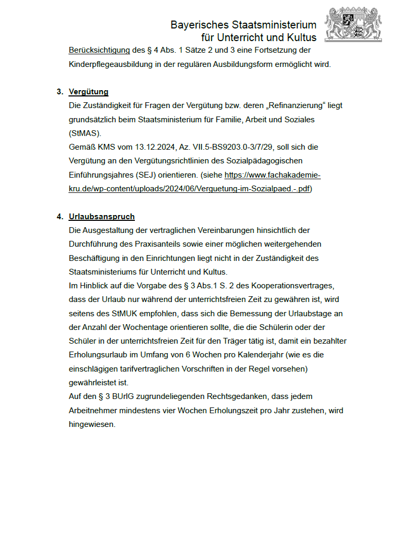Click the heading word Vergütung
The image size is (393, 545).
tap(89, 92)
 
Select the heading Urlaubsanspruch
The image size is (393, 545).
tap(102, 217)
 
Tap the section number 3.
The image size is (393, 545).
tap(60, 92)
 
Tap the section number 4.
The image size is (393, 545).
tap(60, 217)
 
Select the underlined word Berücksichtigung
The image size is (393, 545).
tap(99, 51)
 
